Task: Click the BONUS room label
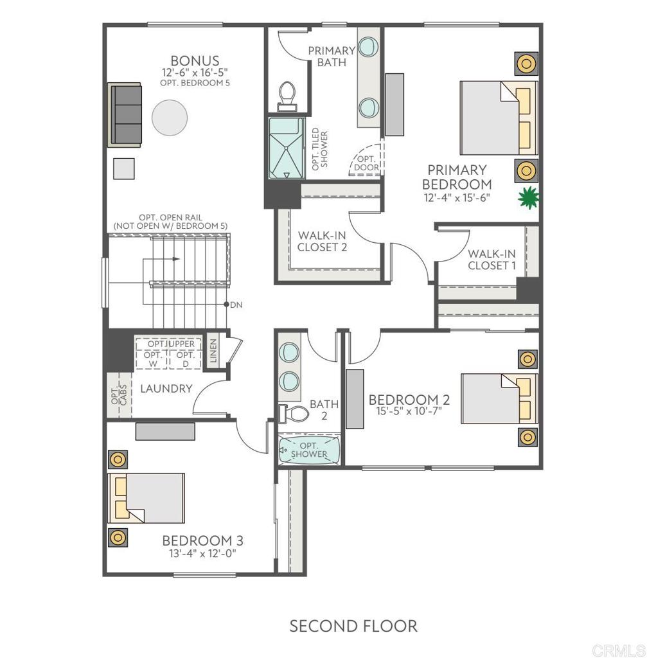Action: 195,60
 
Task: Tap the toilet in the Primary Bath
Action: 287,96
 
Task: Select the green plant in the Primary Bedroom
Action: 528,198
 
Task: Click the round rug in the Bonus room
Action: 170,118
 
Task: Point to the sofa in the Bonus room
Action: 125,115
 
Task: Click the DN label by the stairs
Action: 236,305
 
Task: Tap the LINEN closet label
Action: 213,351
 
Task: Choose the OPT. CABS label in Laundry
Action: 119,395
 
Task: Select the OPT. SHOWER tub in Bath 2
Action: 309,450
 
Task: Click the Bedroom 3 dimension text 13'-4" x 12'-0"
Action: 202,553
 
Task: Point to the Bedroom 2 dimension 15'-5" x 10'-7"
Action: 409,411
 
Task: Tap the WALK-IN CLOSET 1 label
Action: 492,260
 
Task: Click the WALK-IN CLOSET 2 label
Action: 323,242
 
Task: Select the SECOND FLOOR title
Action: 353,626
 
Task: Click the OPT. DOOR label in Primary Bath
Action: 366,163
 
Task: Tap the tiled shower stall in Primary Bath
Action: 287,148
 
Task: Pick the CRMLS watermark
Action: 619,650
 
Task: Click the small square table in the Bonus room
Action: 124,168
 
